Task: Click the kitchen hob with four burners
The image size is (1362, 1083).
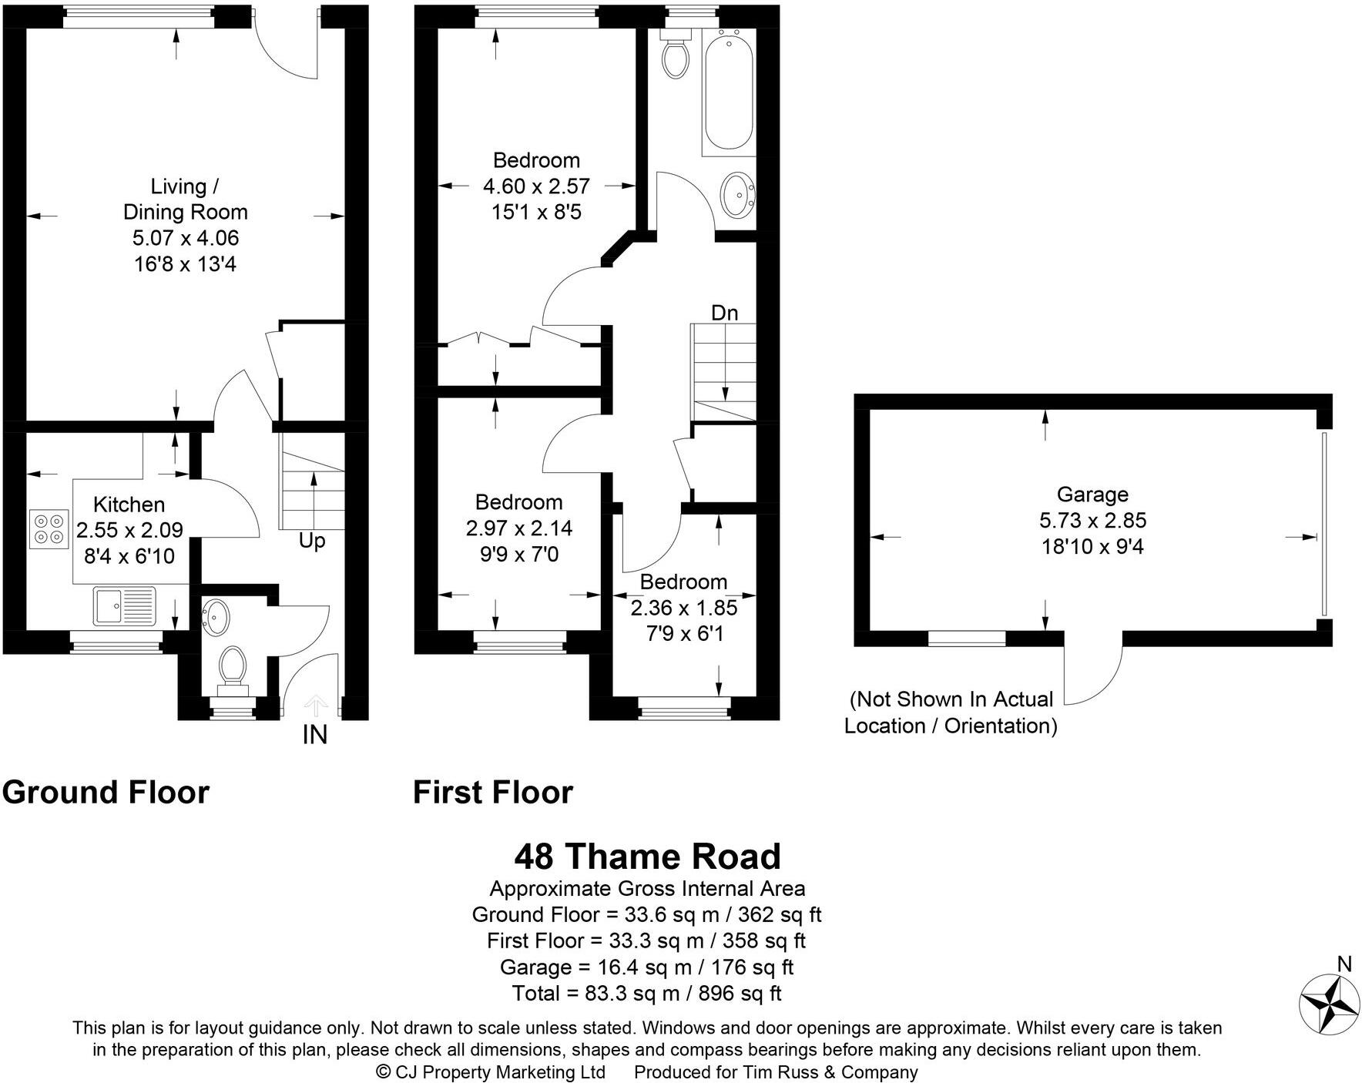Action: [x=48, y=529]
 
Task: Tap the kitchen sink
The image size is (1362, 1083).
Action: [x=123, y=605]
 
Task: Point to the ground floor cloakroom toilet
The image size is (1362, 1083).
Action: [x=232, y=667]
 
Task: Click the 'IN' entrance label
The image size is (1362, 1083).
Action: [x=314, y=736]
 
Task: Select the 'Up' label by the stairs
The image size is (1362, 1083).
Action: [x=312, y=541]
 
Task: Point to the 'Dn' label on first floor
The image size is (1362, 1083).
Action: [x=724, y=313]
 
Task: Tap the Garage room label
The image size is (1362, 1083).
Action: [x=1092, y=495]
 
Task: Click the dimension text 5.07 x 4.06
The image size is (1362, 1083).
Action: [x=185, y=238]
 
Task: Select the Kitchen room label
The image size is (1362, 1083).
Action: [x=129, y=505]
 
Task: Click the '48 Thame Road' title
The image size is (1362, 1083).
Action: [x=647, y=857]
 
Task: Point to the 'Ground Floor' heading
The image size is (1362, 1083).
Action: [x=106, y=793]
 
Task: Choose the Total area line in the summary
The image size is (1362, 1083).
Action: [x=647, y=993]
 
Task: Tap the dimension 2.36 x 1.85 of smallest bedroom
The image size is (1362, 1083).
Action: [x=683, y=608]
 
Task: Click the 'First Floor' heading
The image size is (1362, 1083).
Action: [x=493, y=793]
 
